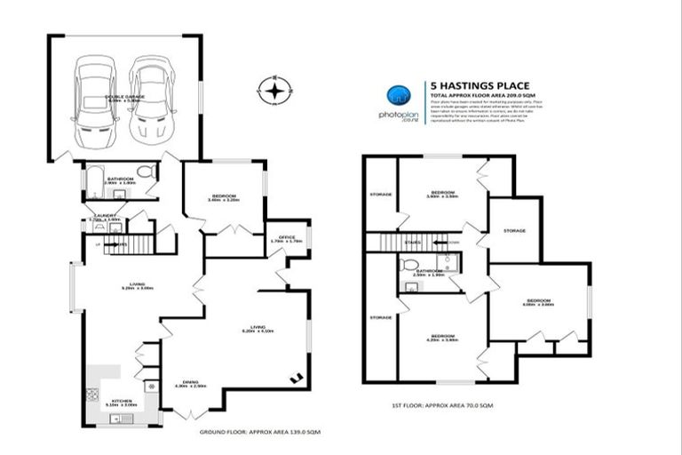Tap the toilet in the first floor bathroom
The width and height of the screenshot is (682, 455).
(x=409, y=265)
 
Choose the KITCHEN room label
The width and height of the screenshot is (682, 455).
(x=122, y=401)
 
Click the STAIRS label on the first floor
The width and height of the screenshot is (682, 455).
(x=412, y=241)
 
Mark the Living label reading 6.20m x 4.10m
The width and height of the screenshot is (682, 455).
(x=258, y=328)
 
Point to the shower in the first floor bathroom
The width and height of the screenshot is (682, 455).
(x=448, y=262)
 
